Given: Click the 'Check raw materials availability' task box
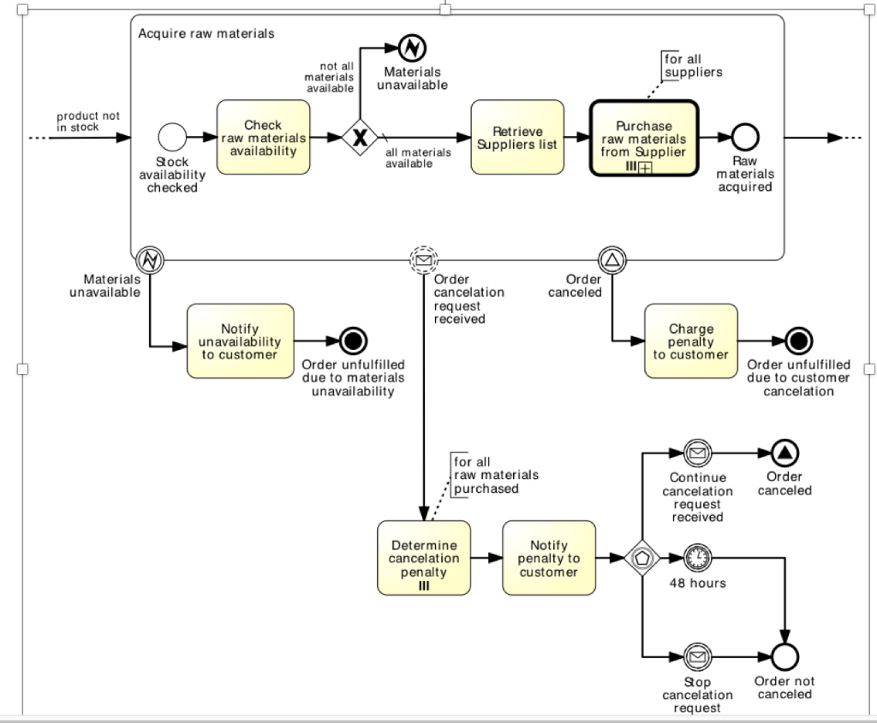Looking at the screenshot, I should click(x=262, y=138).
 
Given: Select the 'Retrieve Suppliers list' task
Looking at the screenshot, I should click(x=517, y=138).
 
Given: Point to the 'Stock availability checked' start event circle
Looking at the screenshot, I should click(x=172, y=137).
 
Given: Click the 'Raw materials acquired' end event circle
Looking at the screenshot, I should click(x=745, y=137).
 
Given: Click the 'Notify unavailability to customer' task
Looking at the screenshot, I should click(x=240, y=341).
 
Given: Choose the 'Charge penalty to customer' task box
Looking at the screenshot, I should click(x=690, y=341).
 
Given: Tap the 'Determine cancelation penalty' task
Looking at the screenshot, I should click(x=424, y=558).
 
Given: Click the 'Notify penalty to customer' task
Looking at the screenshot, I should click(x=549, y=558).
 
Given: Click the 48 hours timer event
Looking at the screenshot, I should click(x=698, y=558).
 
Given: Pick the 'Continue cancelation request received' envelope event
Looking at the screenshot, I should click(x=698, y=453).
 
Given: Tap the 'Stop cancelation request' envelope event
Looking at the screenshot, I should click(x=698, y=658).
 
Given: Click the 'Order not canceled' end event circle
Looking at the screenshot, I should click(x=785, y=658).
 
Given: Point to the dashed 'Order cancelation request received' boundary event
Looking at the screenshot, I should click(x=423, y=259).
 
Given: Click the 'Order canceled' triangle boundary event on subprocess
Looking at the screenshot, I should click(x=612, y=259).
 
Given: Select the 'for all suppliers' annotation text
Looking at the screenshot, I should click(x=693, y=66).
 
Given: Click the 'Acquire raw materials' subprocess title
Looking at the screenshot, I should click(x=206, y=33).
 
